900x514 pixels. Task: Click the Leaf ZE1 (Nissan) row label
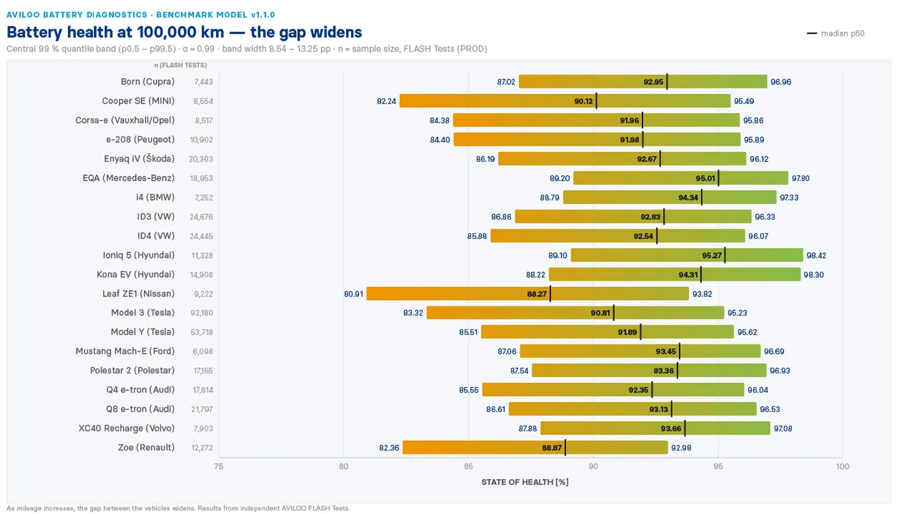138,294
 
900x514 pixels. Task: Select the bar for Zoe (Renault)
535,447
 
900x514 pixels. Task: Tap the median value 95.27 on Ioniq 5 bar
712,255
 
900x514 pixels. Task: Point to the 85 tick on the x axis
468,466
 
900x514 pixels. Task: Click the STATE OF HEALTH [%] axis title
525,482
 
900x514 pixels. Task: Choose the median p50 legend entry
836,33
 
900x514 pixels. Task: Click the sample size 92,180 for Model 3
202,313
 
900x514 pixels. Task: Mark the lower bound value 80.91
354,294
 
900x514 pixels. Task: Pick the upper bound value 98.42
816,255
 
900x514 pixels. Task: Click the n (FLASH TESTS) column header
181,65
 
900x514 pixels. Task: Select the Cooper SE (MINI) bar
565,101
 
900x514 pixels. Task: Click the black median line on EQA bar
718,178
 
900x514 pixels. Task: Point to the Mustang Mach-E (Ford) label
125,351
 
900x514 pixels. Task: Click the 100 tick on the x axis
842,466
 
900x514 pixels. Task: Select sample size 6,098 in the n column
202,351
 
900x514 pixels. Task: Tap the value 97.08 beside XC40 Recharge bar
782,429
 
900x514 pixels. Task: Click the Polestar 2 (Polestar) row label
132,370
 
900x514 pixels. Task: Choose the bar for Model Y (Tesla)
607,332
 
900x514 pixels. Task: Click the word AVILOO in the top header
23,15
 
